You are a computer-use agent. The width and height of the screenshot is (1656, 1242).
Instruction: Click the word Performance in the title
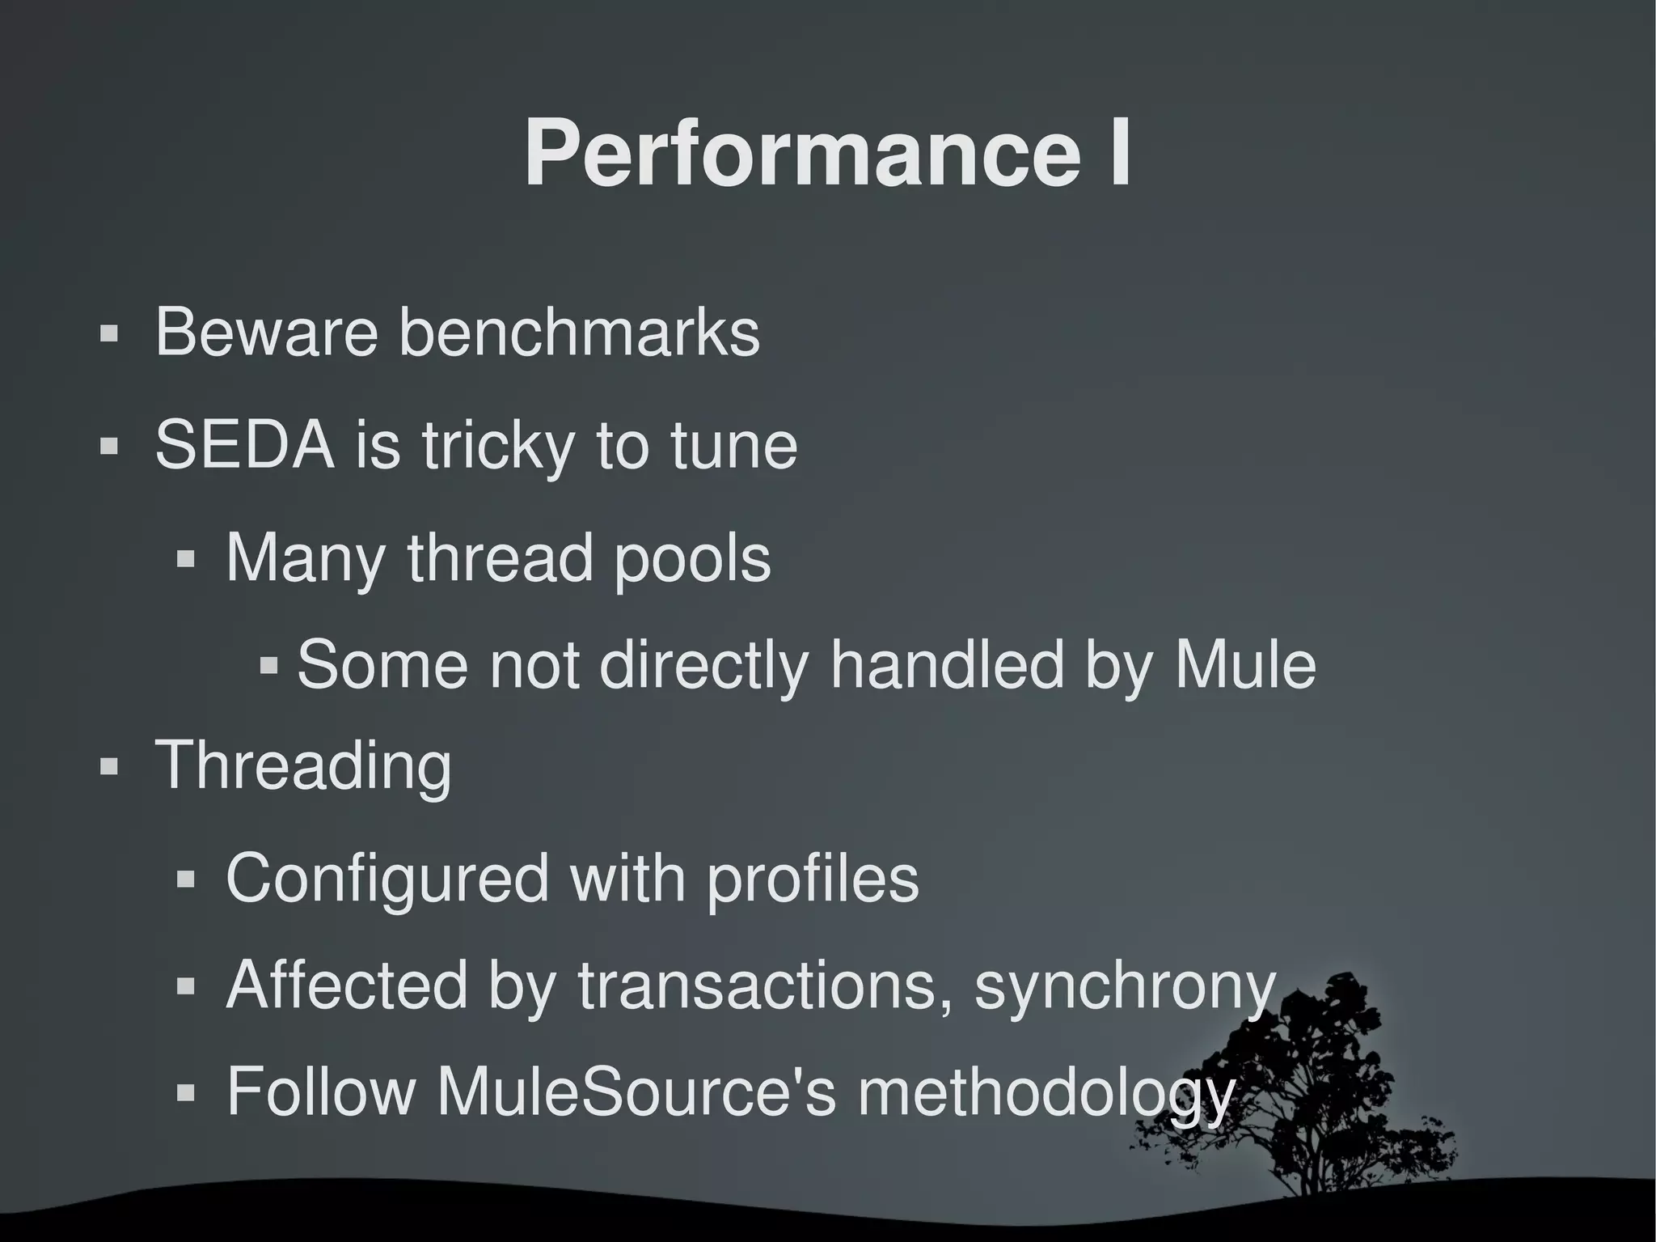coord(801,154)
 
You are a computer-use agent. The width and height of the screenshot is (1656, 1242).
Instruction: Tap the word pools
coord(692,558)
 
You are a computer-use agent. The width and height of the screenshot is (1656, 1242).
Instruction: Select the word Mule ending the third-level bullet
coord(1245,664)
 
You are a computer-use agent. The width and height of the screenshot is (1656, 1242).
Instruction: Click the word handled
coord(947,664)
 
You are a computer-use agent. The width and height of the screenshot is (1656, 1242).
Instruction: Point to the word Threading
coord(303,765)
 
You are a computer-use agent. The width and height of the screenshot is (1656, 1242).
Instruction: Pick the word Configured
coord(387,879)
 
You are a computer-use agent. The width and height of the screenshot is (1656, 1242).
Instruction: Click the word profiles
coord(813,879)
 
